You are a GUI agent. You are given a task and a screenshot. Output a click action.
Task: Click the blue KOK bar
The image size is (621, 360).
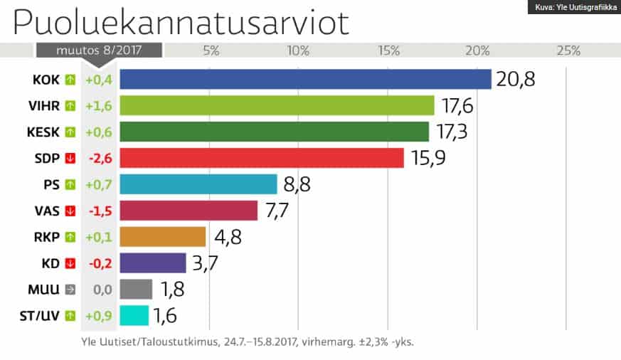click(x=305, y=79)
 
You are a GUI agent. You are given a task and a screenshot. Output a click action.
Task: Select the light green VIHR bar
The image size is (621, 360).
click(x=277, y=105)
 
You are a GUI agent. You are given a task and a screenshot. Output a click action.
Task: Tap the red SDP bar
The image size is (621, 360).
click(x=261, y=158)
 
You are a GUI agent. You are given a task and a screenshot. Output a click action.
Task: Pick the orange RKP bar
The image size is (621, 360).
click(x=162, y=237)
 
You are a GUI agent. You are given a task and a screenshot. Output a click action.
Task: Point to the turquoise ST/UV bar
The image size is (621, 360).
click(x=134, y=315)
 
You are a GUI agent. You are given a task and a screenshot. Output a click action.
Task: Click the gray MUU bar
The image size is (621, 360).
click(x=136, y=290)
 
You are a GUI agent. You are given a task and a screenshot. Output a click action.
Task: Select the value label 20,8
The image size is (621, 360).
click(x=515, y=79)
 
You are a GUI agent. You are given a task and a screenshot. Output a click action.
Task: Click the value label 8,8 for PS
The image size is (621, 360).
click(x=297, y=184)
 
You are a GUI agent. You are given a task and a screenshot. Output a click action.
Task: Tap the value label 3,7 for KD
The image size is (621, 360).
click(x=206, y=263)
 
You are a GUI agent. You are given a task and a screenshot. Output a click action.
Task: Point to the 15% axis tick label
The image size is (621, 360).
click(x=389, y=51)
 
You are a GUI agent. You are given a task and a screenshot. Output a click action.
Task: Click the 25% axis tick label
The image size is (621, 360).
click(x=568, y=51)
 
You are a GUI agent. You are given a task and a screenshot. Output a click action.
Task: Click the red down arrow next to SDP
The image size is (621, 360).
click(x=70, y=158)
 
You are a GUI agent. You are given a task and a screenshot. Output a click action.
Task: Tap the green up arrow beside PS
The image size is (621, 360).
click(x=70, y=184)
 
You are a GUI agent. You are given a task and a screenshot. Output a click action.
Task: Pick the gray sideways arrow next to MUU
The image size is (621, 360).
click(x=70, y=290)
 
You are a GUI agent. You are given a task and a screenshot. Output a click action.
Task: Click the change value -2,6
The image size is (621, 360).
click(x=99, y=158)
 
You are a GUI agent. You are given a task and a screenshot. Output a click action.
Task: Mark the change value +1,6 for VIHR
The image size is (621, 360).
click(x=99, y=105)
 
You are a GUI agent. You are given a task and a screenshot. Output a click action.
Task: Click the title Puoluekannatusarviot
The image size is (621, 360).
click(x=181, y=23)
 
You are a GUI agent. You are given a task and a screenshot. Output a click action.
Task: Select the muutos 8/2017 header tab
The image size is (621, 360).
click(x=99, y=51)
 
